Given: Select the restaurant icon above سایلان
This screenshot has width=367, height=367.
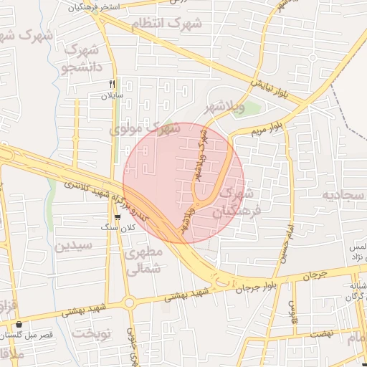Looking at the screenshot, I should pos(112,85).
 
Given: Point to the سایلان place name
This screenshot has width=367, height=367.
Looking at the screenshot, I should pos(113,95).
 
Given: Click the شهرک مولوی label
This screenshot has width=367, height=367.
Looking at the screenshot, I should pos(146,130).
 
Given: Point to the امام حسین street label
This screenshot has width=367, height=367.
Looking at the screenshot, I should pos(282,244).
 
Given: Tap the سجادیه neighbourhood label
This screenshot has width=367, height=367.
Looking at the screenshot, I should pos(343,195).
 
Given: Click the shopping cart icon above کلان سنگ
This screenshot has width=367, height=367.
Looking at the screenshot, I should pos(118,217).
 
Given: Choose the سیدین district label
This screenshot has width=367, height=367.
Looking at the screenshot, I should pos(74,246).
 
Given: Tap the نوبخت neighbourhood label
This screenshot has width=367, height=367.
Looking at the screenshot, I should pos(95,335).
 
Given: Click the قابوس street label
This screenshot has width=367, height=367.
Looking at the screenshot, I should pos(292,310).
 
